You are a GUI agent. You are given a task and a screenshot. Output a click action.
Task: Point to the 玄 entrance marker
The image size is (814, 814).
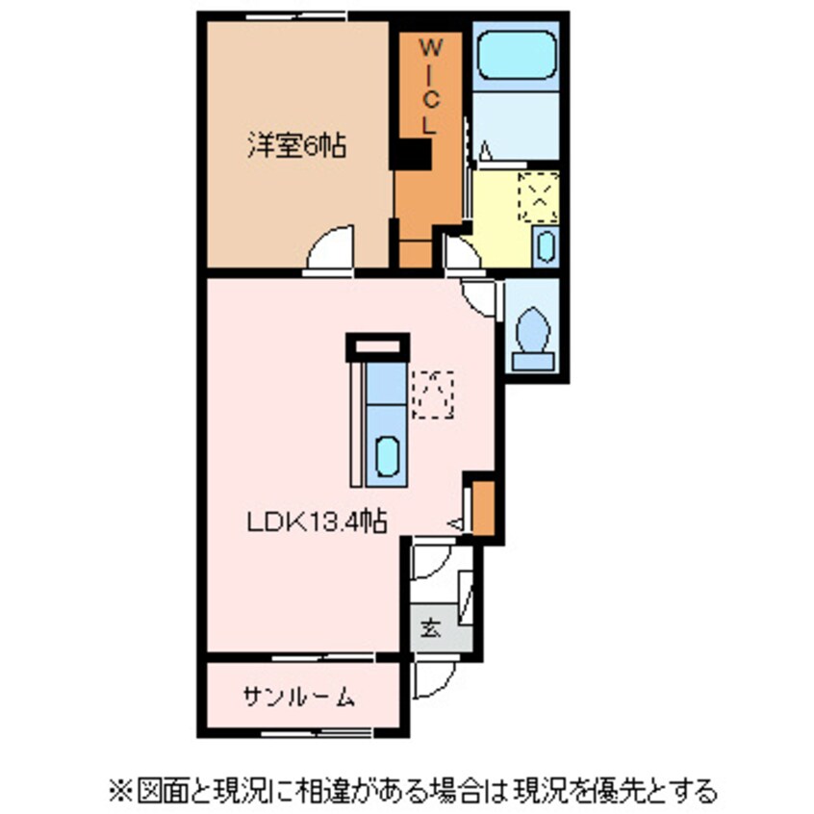(x=429, y=630)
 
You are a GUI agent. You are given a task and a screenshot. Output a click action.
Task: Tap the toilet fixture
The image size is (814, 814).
(x=532, y=334)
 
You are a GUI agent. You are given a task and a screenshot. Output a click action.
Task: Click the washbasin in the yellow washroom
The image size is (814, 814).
(x=544, y=246)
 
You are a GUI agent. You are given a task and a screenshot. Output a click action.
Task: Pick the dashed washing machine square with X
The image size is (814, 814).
(x=538, y=198)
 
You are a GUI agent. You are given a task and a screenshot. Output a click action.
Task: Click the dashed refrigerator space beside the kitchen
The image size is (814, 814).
(x=432, y=394)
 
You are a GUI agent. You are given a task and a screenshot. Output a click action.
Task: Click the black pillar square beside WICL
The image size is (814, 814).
(x=415, y=154)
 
